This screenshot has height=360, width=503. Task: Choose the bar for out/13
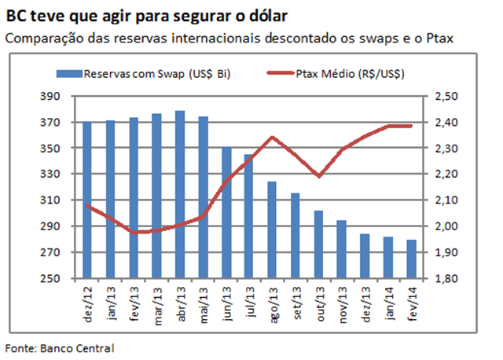click(x=318, y=244)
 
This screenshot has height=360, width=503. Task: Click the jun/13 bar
click(x=226, y=212)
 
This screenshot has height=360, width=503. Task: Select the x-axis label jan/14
click(x=389, y=302)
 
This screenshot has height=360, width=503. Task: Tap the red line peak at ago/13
click(x=271, y=138)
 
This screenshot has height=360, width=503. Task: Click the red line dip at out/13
click(x=318, y=175)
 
